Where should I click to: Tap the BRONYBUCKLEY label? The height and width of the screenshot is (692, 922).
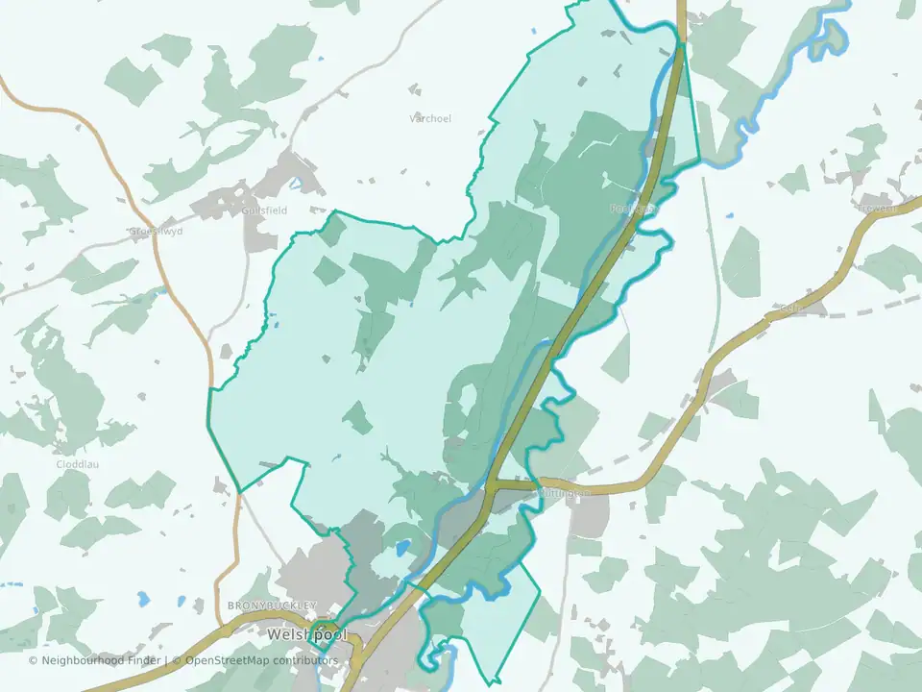pos(272,605)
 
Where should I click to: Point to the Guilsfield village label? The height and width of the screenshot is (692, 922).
pos(265,210)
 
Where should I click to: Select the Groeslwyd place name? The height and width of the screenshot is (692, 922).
pos(156,232)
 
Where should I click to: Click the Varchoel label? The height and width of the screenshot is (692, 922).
pos(429,118)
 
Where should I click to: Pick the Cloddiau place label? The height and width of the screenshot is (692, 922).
pos(78,463)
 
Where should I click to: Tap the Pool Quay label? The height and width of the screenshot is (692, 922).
pos(633,208)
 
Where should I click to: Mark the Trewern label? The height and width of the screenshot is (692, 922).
pos(878,207)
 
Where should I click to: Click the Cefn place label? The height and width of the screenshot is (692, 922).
pos(791,308)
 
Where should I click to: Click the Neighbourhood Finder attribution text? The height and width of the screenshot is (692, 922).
pos(96,660)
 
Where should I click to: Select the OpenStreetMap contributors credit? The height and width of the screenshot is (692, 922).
pos(261,660)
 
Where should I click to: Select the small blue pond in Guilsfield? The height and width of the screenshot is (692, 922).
pos(296,181)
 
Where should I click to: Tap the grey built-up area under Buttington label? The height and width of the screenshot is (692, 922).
pos(588,515)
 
